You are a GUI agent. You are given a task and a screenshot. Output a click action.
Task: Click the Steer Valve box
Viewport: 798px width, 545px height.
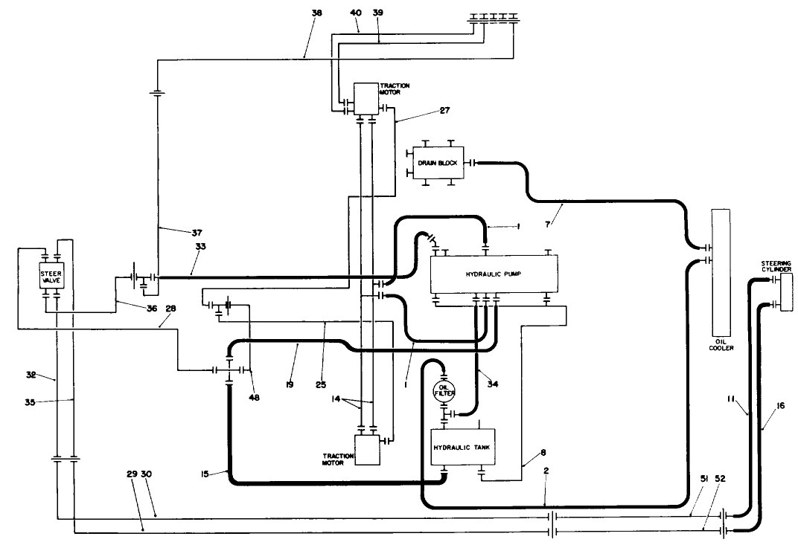51,277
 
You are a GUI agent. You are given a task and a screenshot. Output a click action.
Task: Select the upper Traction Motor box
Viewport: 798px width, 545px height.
366,97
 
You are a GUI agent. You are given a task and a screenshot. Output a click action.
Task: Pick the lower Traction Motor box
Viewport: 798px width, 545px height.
366,450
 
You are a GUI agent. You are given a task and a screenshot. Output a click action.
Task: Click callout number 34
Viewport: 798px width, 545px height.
491,383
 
